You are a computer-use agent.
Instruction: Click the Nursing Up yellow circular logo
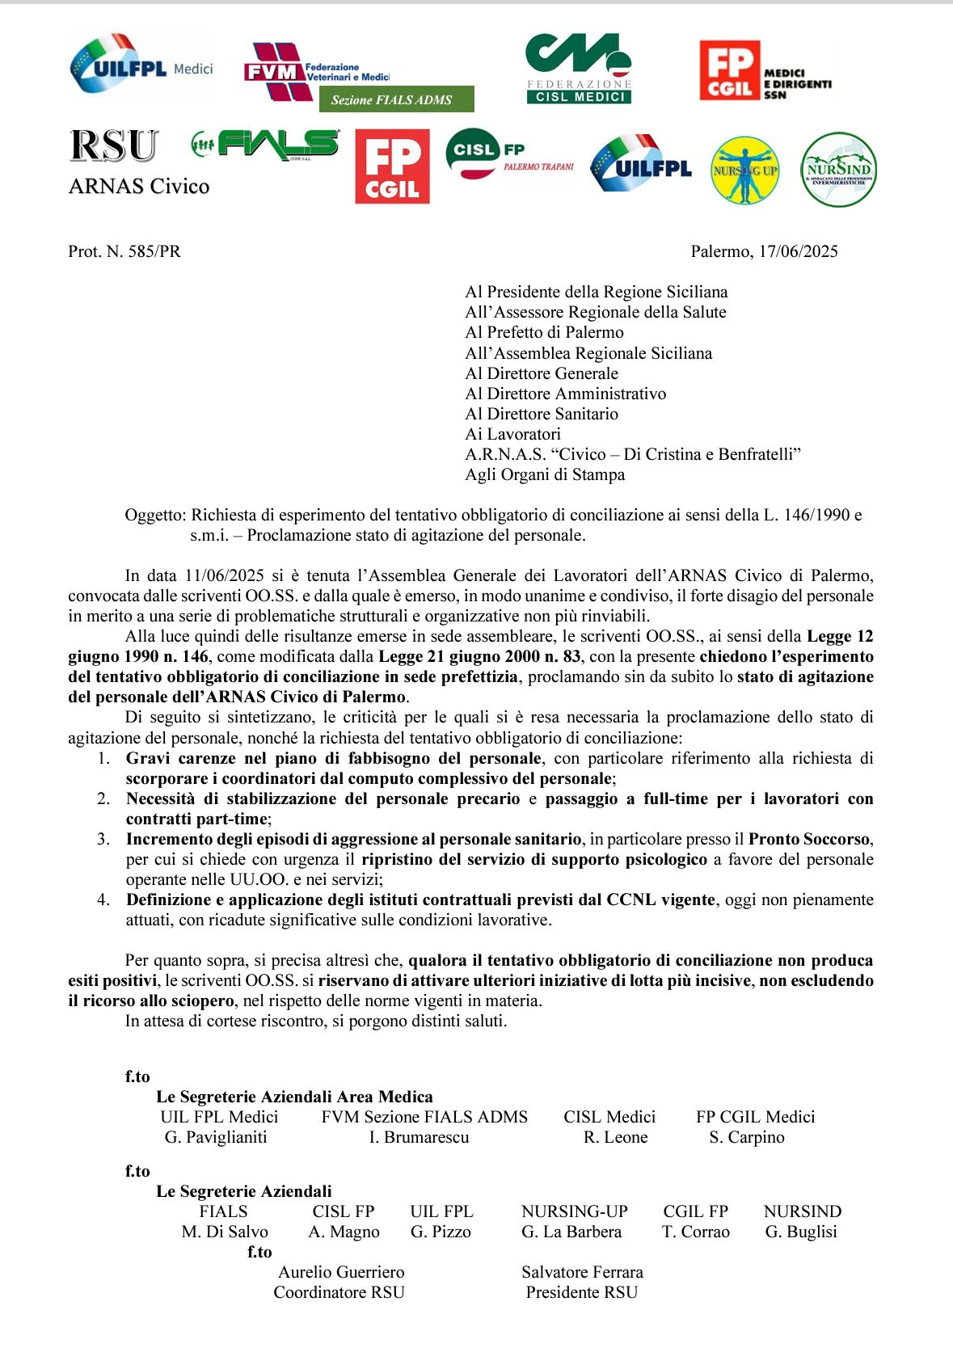click(744, 171)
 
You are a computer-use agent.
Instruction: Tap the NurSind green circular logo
click(838, 170)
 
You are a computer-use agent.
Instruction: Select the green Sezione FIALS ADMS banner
click(392, 100)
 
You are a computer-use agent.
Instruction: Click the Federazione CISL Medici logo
click(578, 69)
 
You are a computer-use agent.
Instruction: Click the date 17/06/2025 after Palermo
click(798, 251)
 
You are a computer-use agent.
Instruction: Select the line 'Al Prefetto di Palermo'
click(544, 332)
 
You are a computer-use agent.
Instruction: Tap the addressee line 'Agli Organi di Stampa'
click(545, 474)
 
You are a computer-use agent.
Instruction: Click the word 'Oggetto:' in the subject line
click(156, 515)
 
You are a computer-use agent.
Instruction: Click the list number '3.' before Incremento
click(103, 839)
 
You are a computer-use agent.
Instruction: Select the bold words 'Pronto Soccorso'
click(809, 839)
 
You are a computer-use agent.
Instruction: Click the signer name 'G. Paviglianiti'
click(216, 1137)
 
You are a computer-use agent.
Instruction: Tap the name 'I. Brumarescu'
click(419, 1137)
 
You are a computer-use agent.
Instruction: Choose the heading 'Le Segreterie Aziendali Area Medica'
click(294, 1097)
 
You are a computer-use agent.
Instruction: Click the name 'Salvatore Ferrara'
click(582, 1272)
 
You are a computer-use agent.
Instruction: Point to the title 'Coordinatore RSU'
click(339, 1292)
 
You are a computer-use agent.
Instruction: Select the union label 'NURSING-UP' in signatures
click(574, 1211)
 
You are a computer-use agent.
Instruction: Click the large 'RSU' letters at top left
click(113, 146)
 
